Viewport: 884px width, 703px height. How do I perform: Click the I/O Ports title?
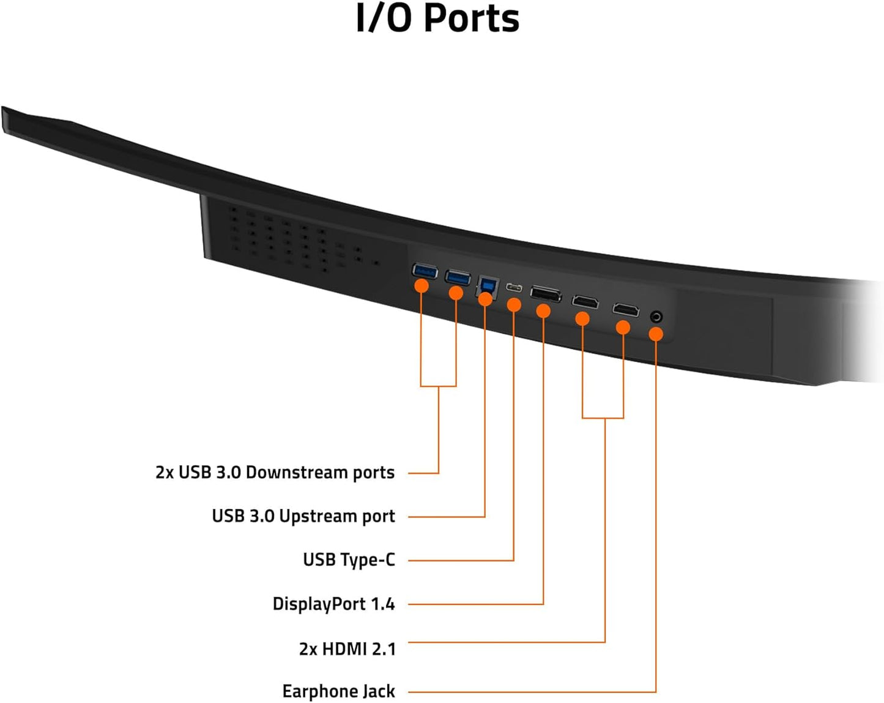click(x=438, y=18)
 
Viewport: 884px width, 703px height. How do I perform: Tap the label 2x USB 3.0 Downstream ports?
click(x=275, y=473)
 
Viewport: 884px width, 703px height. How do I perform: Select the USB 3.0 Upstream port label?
click(x=303, y=516)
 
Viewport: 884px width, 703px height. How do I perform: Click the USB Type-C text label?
click(x=349, y=560)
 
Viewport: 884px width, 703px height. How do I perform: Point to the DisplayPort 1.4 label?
click(x=333, y=604)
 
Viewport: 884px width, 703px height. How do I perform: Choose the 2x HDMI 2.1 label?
click(x=347, y=648)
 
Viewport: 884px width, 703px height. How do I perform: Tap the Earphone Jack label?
click(x=338, y=691)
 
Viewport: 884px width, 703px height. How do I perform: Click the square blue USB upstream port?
click(x=488, y=285)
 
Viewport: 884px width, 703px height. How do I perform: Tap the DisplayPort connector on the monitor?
click(x=546, y=294)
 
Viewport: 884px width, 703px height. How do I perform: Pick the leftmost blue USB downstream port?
click(x=425, y=271)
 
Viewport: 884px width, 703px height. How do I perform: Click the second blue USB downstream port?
click(x=458, y=278)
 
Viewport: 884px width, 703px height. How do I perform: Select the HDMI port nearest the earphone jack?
click(x=625, y=310)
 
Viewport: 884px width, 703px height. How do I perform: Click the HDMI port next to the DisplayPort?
click(x=585, y=302)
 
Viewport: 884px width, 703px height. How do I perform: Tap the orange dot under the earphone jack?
click(x=656, y=334)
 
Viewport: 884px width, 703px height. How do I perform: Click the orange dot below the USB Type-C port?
click(x=514, y=304)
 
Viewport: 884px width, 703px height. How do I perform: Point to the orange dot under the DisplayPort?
click(x=543, y=311)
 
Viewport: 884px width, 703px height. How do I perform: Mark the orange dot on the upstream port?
click(x=485, y=299)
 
